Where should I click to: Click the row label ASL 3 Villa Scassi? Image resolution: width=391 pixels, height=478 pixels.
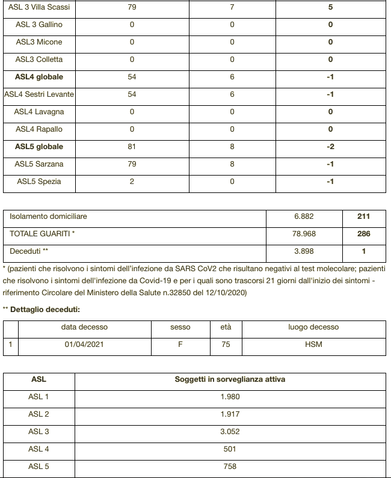(x=39, y=7)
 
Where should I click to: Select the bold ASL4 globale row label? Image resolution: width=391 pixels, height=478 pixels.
(x=39, y=77)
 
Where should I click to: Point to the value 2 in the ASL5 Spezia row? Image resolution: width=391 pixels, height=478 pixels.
(x=132, y=182)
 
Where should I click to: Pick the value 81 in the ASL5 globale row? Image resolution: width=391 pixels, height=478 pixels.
(x=132, y=147)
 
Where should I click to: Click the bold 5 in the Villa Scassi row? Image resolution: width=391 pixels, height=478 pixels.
(x=330, y=7)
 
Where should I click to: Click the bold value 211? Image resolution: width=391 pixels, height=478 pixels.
(x=363, y=216)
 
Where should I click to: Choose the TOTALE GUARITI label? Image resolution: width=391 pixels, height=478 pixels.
(x=42, y=234)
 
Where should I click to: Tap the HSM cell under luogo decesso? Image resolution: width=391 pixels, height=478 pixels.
(x=313, y=345)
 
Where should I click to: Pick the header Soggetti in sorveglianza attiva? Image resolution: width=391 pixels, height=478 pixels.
(x=230, y=380)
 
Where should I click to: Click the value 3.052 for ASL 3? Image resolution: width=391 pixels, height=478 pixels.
(x=230, y=432)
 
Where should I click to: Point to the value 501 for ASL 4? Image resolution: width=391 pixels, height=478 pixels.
(x=230, y=449)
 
